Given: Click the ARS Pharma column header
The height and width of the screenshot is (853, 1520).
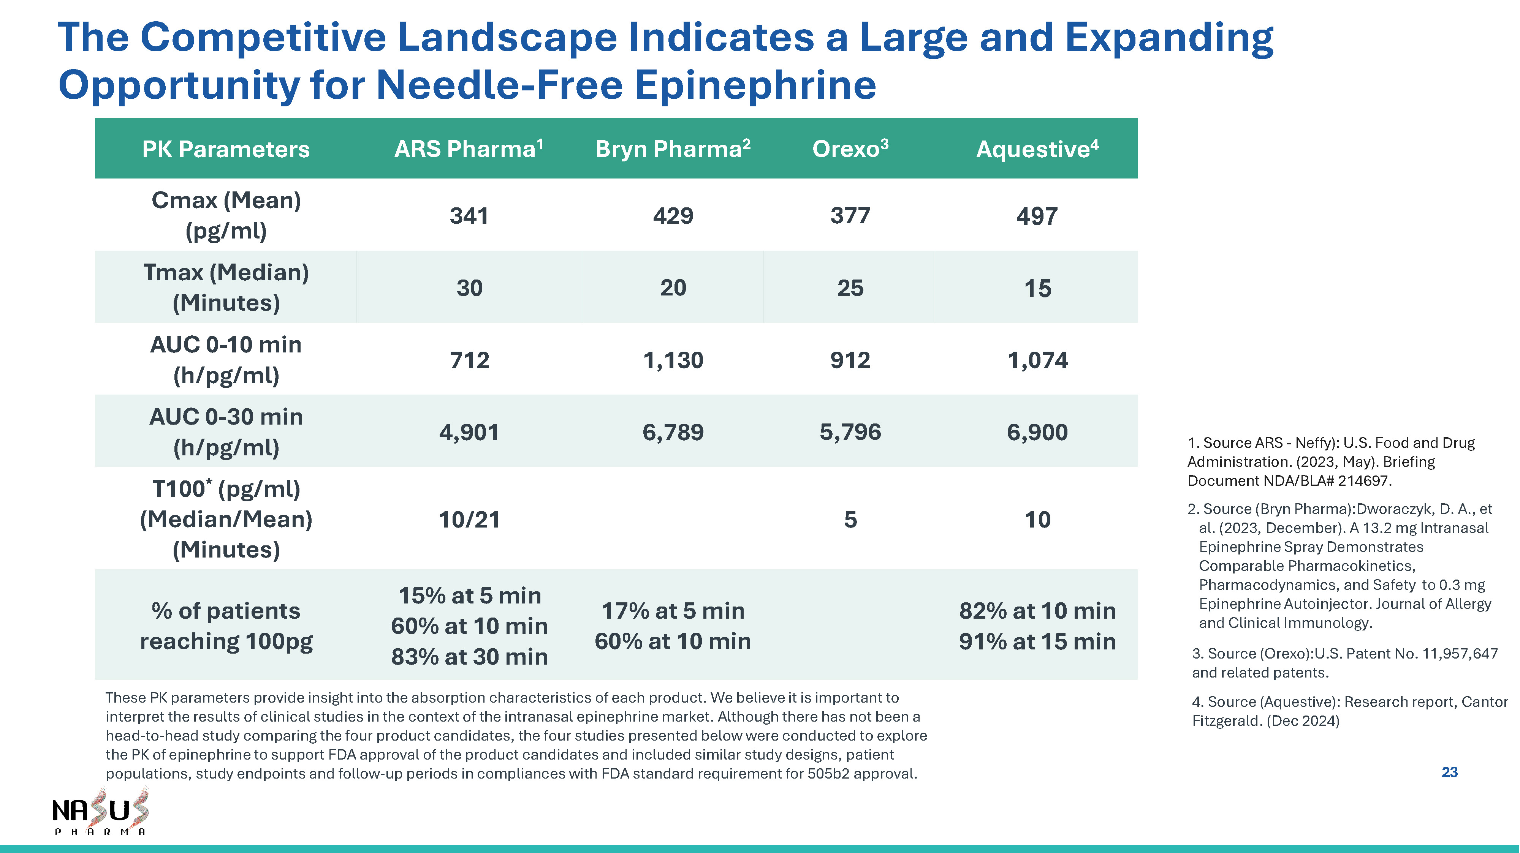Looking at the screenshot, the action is tap(469, 148).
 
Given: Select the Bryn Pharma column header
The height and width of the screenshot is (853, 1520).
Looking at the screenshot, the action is tap(673, 148).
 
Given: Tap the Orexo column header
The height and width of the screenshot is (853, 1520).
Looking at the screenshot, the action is tap(850, 148).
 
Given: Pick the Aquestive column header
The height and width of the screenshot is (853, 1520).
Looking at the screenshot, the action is tap(1037, 148).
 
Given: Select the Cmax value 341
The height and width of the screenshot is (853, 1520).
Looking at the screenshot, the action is tap(469, 216).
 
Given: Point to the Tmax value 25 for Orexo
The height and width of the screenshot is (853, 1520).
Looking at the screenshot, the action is tap(850, 288).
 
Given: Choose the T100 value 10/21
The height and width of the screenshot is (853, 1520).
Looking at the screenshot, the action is tap(469, 520).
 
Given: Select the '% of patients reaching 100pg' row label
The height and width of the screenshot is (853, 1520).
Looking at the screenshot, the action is tap(226, 626).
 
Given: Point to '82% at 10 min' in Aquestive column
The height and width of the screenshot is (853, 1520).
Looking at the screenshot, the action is tap(1037, 611).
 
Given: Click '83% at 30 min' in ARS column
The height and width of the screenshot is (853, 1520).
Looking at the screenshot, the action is tap(469, 657).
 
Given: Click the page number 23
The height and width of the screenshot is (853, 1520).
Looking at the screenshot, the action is tap(1450, 772).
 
